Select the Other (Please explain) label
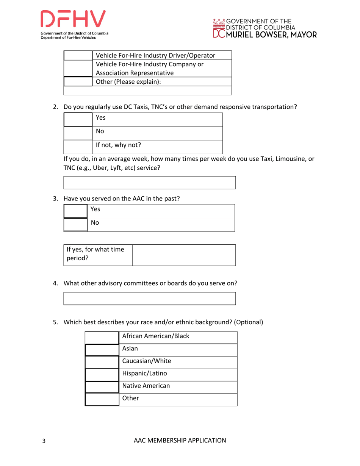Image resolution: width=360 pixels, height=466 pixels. pos(126,81)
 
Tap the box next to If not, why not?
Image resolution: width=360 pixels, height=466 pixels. pos(78,146)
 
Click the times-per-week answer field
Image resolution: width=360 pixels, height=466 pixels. pos(150,182)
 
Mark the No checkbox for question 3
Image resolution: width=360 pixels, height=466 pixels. pos(76,224)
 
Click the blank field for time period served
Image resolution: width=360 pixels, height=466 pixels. pos(184,255)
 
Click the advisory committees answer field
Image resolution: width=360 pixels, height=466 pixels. pos(150,298)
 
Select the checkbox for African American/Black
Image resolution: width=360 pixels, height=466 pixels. pos(102,338)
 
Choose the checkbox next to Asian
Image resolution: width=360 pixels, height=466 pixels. pos(102,350)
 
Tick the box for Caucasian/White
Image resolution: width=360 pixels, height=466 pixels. pos(102,362)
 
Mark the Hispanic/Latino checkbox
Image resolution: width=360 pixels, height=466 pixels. pos(102,374)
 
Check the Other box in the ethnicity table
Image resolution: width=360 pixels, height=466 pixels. pos(102,399)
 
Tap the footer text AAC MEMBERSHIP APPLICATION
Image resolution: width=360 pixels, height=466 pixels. pos(180,440)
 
